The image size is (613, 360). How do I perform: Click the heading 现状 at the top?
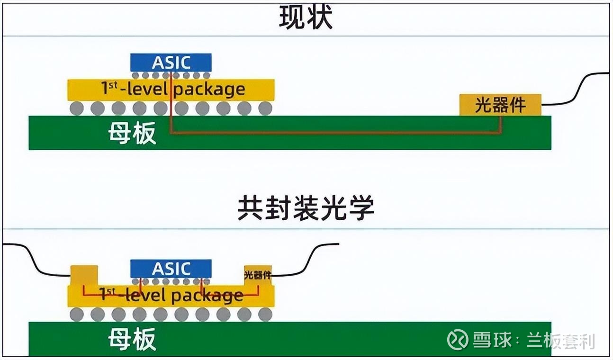(x=306, y=17)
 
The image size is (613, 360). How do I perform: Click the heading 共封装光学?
(x=306, y=207)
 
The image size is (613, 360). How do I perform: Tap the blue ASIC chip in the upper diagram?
(x=171, y=63)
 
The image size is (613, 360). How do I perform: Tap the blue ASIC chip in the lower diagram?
(x=171, y=269)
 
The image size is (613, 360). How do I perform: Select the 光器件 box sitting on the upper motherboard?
(x=500, y=105)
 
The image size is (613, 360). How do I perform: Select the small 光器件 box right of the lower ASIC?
(x=258, y=275)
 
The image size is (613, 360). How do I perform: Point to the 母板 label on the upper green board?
(x=132, y=133)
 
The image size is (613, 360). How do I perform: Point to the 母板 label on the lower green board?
(x=132, y=339)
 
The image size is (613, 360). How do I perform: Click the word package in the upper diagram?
(x=209, y=90)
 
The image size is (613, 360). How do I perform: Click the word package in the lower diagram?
(x=207, y=296)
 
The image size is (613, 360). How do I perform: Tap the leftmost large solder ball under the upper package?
(x=77, y=108)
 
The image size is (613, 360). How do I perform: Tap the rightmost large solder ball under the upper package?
(x=265, y=108)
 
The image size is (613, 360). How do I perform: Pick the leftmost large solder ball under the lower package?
(x=77, y=315)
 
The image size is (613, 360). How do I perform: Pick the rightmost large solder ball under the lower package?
(x=265, y=315)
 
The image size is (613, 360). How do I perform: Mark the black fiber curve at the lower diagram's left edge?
(x=33, y=260)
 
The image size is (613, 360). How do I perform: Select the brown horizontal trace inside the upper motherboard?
(x=336, y=133)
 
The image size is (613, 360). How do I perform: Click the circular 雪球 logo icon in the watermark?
(x=457, y=339)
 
